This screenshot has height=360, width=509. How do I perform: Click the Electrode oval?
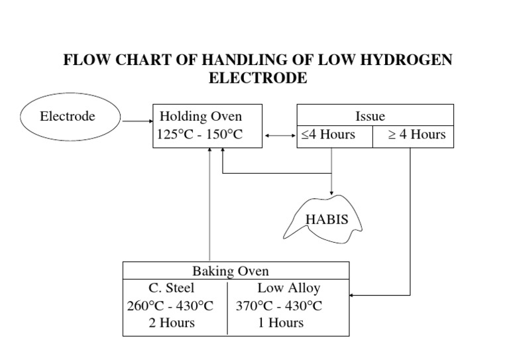pyautogui.click(x=68, y=117)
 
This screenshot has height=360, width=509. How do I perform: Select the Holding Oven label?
pyautogui.click(x=201, y=117)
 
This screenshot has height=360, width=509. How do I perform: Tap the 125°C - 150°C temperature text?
pyautogui.click(x=200, y=135)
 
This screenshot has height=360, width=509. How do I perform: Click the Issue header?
pyautogui.click(x=370, y=117)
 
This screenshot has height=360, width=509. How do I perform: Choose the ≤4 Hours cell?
pyautogui.click(x=328, y=135)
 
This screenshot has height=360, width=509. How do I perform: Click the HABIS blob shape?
pyautogui.click(x=325, y=218)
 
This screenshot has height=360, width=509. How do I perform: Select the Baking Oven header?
pyautogui.click(x=231, y=271)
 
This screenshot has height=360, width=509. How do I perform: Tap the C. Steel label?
pyautogui.click(x=171, y=288)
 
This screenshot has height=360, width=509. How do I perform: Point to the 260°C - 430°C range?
pyautogui.click(x=170, y=306)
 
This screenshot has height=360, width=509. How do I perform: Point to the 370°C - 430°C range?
pyautogui.click(x=279, y=306)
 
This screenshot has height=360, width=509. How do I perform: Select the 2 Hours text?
pyautogui.click(x=172, y=323)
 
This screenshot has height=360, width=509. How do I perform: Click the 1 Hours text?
pyautogui.click(x=280, y=323)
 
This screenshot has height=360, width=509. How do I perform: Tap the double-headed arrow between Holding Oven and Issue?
pyautogui.click(x=280, y=136)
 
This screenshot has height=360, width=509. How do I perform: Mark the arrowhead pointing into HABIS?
pyautogui.click(x=331, y=193)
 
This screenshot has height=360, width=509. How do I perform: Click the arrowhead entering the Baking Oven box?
pyautogui.click(x=352, y=294)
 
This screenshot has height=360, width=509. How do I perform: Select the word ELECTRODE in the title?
pyautogui.click(x=258, y=78)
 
